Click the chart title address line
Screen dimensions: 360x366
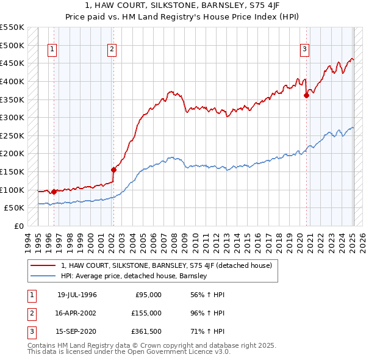(x=183, y=5)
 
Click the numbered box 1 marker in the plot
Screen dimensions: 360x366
(x=52, y=50)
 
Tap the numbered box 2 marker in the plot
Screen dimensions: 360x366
(x=112, y=50)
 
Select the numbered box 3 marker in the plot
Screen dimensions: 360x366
(x=304, y=50)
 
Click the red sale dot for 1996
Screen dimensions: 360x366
(x=54, y=192)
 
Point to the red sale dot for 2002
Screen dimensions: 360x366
(x=113, y=170)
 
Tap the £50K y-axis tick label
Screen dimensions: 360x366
(x=15, y=208)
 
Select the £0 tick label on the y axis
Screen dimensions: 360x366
(x=19, y=226)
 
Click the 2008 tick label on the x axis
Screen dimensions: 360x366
(x=174, y=241)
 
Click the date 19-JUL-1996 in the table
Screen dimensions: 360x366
(x=77, y=295)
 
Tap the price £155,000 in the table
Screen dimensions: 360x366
(x=146, y=312)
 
